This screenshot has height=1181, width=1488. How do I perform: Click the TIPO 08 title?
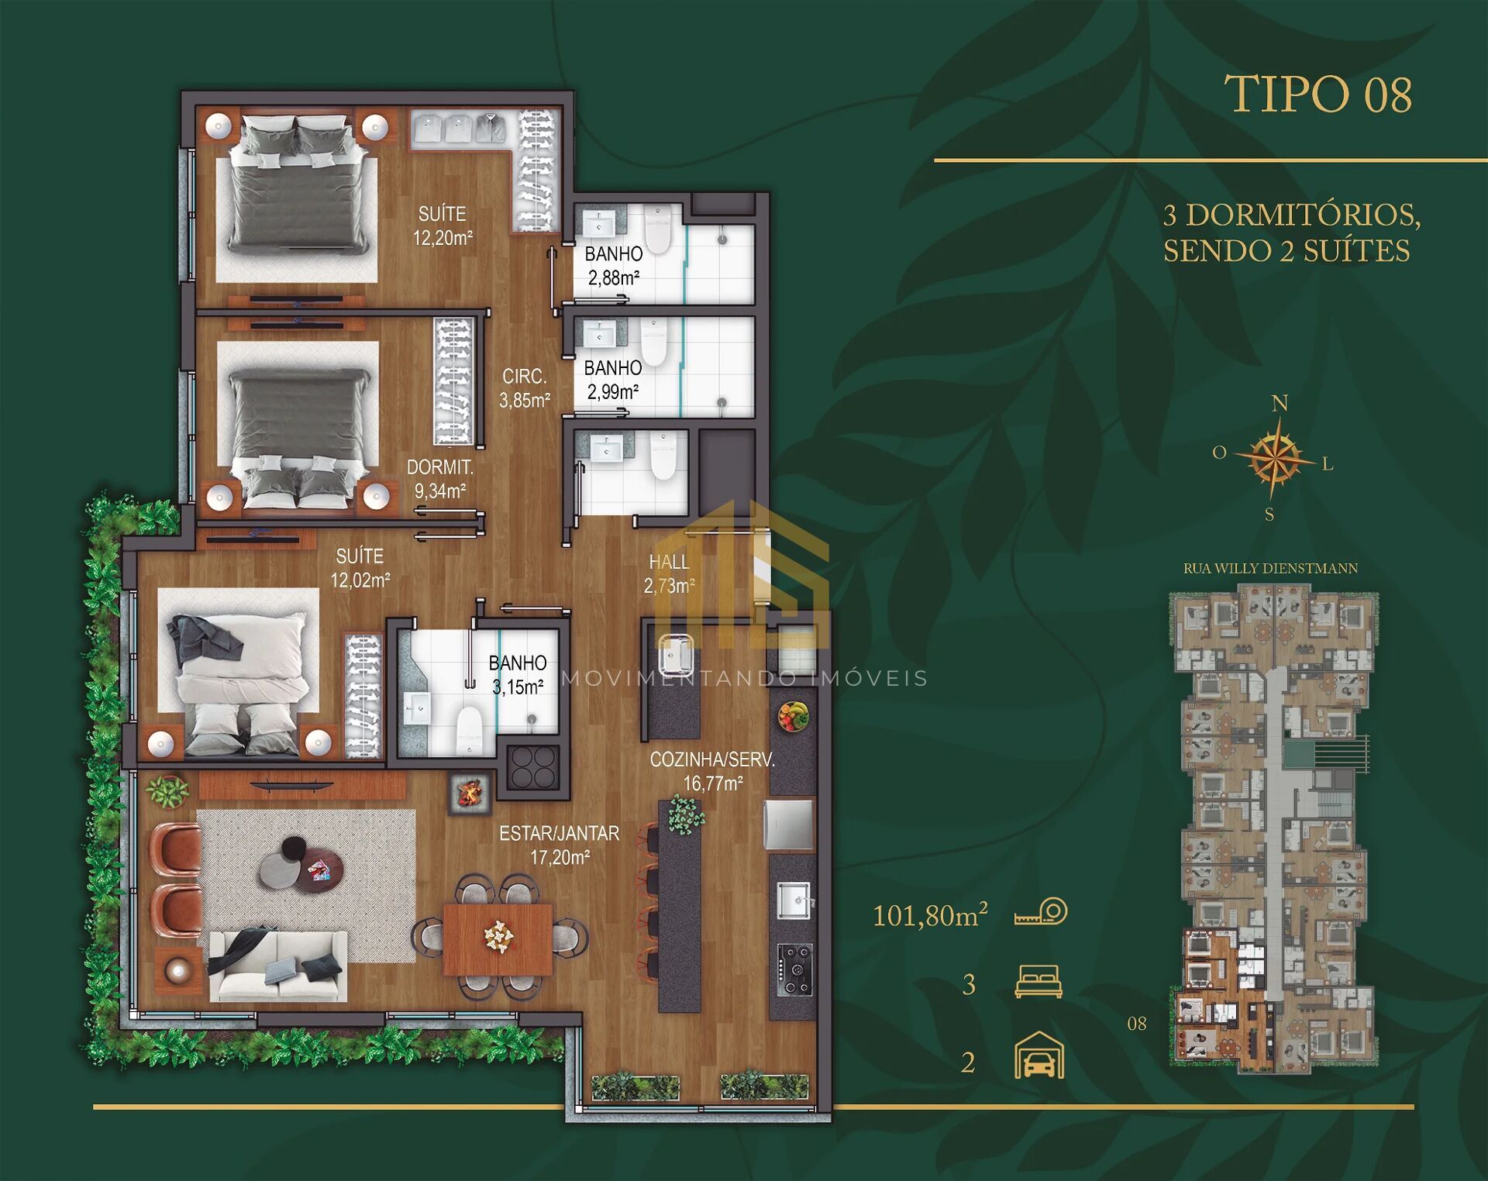1318,95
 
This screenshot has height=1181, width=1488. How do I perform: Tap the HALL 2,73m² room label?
669,574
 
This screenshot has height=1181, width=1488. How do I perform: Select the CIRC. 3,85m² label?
525,388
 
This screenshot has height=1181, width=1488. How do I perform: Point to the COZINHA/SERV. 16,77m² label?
712,771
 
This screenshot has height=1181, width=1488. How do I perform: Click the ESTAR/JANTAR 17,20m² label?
559,845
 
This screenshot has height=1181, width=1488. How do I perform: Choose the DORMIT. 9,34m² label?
440,479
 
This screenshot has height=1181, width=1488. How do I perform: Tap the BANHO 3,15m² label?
518,674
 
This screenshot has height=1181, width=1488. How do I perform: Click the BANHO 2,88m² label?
614,266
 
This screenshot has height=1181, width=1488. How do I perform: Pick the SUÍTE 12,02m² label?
360,567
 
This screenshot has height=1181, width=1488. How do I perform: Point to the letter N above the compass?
1280,403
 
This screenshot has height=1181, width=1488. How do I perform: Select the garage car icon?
1039,1055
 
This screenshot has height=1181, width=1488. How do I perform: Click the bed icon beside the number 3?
1038,981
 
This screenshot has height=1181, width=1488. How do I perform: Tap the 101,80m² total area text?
930,915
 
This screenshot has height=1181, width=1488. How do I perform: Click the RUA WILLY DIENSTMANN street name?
1270,568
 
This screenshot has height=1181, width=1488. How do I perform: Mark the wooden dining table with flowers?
498,938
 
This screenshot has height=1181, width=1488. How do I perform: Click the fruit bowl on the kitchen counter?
793,715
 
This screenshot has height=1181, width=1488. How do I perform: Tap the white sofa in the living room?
278,966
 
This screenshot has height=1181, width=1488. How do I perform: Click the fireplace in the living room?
470,792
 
